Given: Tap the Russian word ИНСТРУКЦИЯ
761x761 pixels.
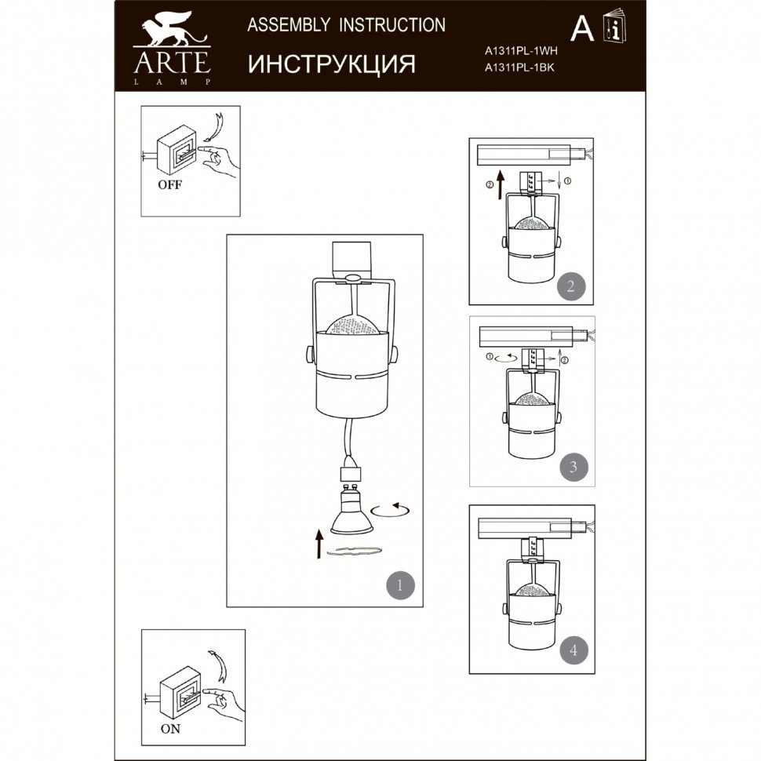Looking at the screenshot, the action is [x=332, y=64].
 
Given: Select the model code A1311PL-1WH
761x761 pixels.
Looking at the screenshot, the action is [x=521, y=50].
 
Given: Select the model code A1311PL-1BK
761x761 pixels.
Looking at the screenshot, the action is [x=519, y=67].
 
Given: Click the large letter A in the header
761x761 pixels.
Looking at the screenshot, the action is [x=582, y=29].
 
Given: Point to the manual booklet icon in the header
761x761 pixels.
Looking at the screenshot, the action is [x=614, y=25].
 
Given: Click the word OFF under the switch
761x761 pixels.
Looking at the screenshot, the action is [x=170, y=185].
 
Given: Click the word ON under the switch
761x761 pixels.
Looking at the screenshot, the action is [x=170, y=729].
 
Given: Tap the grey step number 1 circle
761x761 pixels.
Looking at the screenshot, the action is [x=400, y=584].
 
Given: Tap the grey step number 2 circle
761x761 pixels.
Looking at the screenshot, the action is [x=571, y=286].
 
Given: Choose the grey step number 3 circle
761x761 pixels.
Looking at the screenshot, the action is [x=573, y=467].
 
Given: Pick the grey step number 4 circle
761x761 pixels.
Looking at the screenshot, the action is [x=573, y=650].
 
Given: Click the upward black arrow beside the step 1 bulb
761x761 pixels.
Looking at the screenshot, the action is [x=319, y=544].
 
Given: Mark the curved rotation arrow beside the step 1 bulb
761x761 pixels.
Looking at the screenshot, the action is [x=390, y=510].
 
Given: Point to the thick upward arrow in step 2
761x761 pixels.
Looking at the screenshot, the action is [x=501, y=185].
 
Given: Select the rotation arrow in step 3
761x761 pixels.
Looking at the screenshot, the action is [x=506, y=359].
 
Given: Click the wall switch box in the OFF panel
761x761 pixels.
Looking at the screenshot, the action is [x=177, y=151].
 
